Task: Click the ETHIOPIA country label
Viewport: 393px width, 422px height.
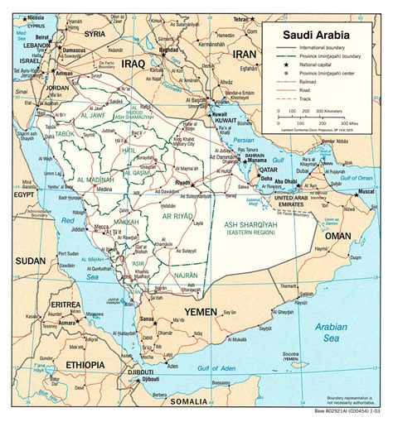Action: pos(80,364)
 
